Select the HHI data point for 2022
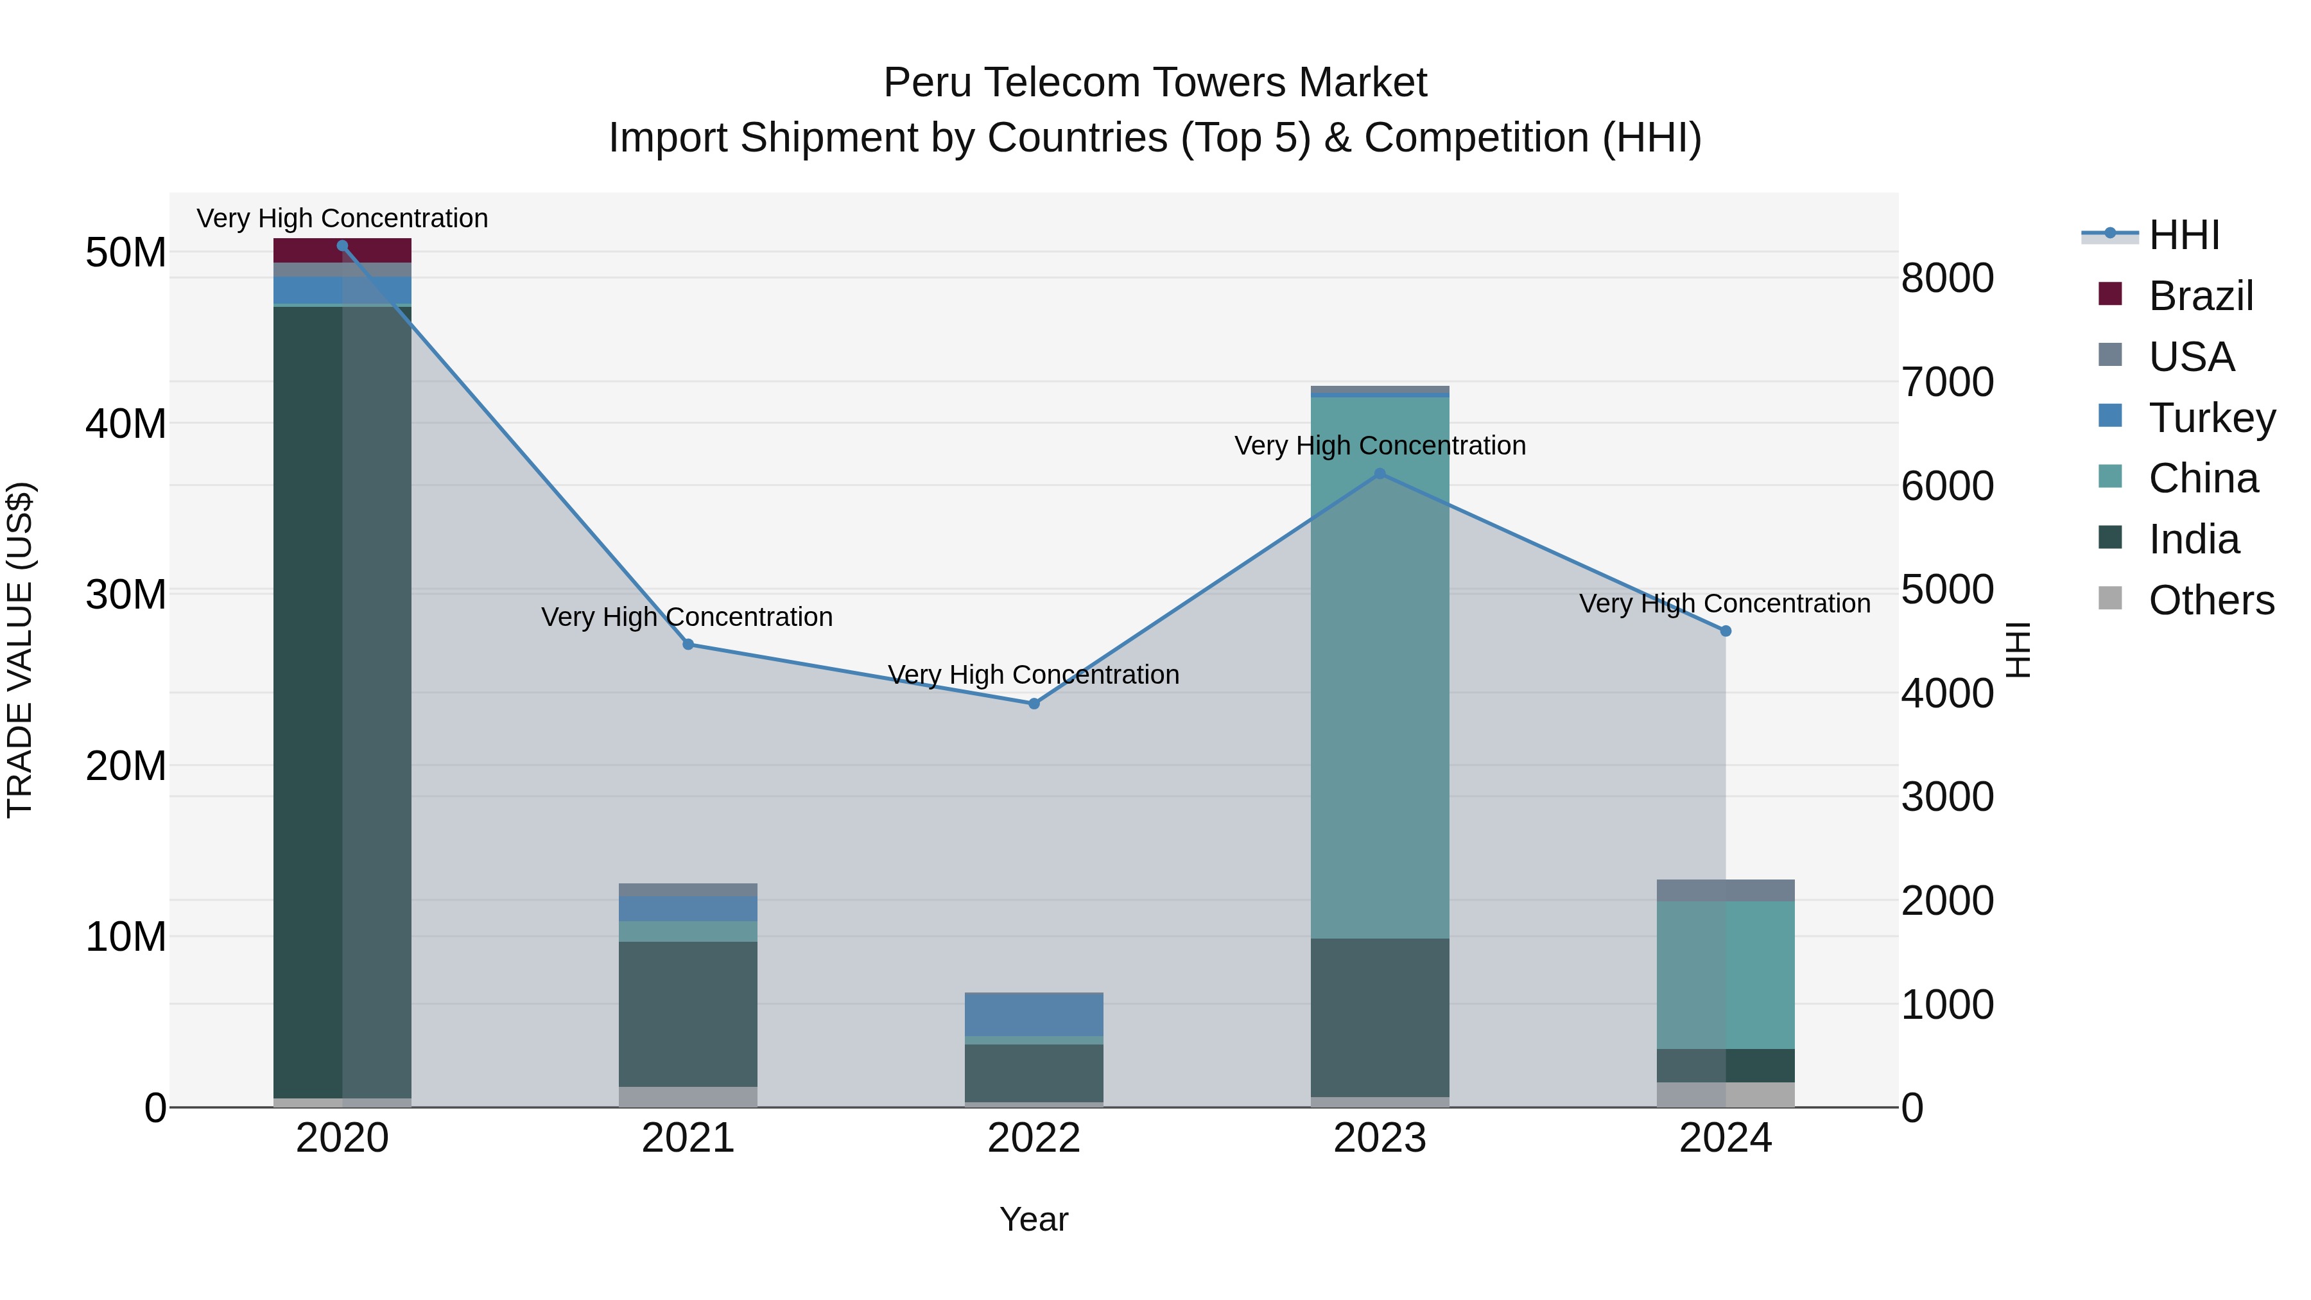[1034, 704]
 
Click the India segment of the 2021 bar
[688, 1014]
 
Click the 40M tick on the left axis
[126, 424]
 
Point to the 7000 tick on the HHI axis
[1948, 382]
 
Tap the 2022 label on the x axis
[1034, 1138]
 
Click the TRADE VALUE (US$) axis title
[20, 650]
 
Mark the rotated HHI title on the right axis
[2018, 650]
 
